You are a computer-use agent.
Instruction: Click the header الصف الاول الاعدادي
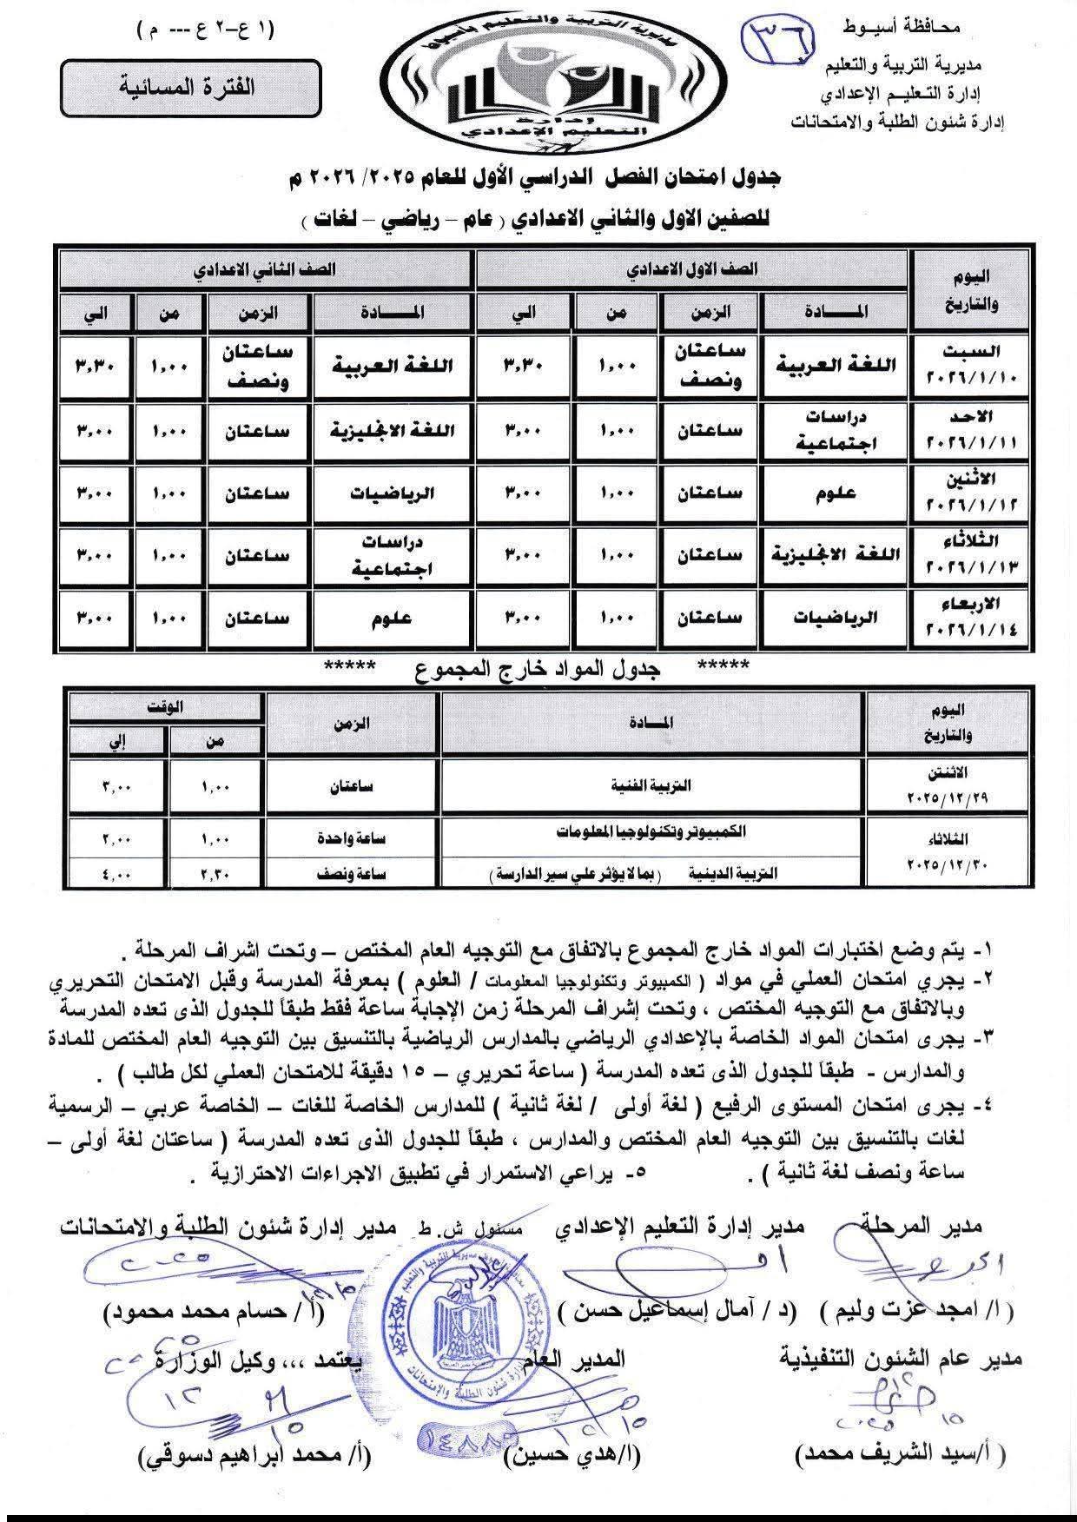[x=691, y=269]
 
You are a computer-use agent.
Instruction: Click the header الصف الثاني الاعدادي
[x=266, y=269]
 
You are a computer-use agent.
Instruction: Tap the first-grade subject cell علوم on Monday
[x=836, y=493]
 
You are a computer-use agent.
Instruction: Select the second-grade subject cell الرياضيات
[x=393, y=493]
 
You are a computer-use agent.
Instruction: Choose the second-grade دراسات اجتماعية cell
[x=393, y=556]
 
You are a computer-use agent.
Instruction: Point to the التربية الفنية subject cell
[x=653, y=785]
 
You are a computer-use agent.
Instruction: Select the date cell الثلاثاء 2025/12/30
[x=948, y=853]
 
